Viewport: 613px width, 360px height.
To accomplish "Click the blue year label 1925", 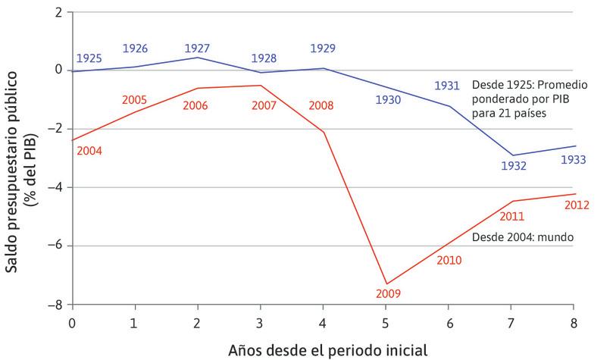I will click(x=89, y=58).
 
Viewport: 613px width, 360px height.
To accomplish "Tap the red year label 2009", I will click(x=386, y=293).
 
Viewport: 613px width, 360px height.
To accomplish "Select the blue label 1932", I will click(x=513, y=167).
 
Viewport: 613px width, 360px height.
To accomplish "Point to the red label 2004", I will click(x=89, y=151).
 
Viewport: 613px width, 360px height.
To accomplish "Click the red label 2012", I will click(x=579, y=204).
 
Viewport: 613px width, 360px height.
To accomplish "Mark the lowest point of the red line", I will click(x=386, y=283).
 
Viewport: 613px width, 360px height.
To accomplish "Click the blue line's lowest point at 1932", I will click(x=513, y=155).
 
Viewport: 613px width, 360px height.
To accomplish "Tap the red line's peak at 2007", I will click(x=261, y=85).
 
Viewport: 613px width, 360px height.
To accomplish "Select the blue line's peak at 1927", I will click(x=198, y=58).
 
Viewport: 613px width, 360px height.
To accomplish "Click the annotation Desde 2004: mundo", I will click(x=522, y=237).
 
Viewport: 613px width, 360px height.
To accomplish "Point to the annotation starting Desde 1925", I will click(x=523, y=98).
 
